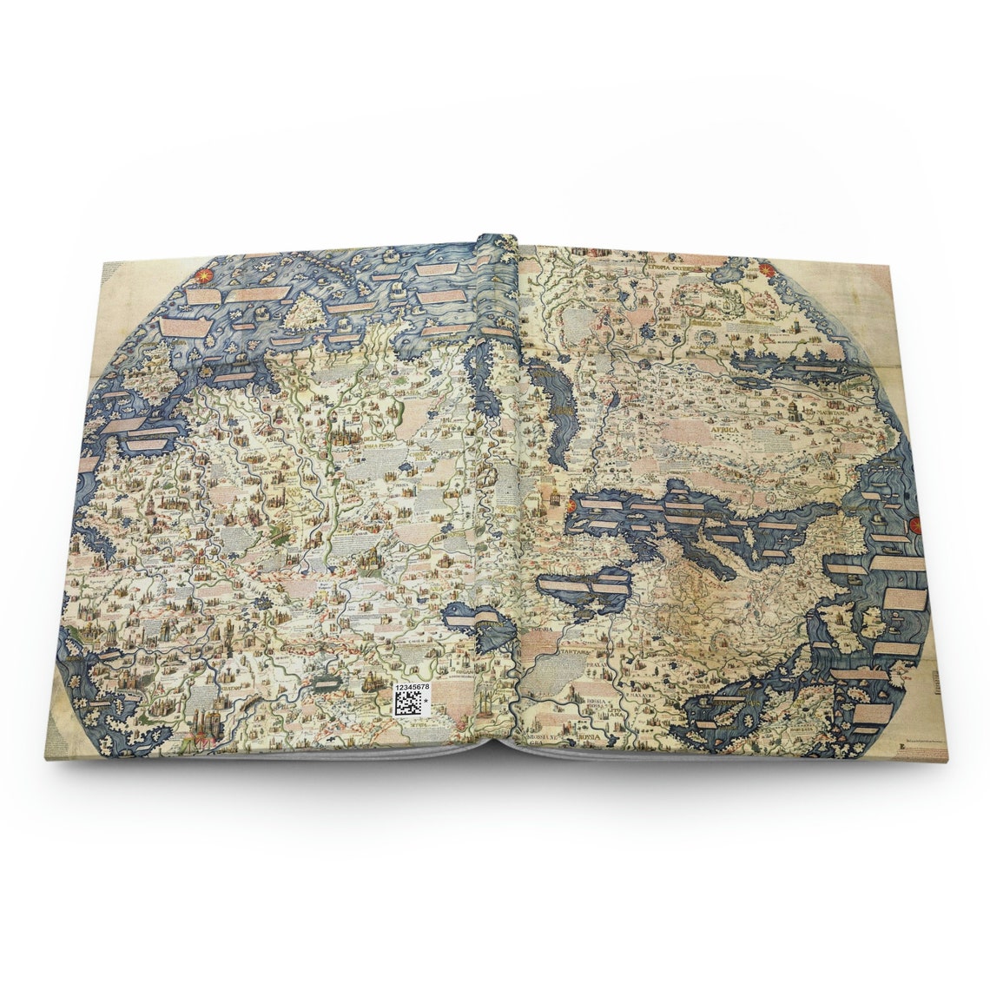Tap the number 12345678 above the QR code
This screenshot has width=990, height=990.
tap(411, 686)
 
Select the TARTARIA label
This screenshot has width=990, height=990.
tap(577, 649)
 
